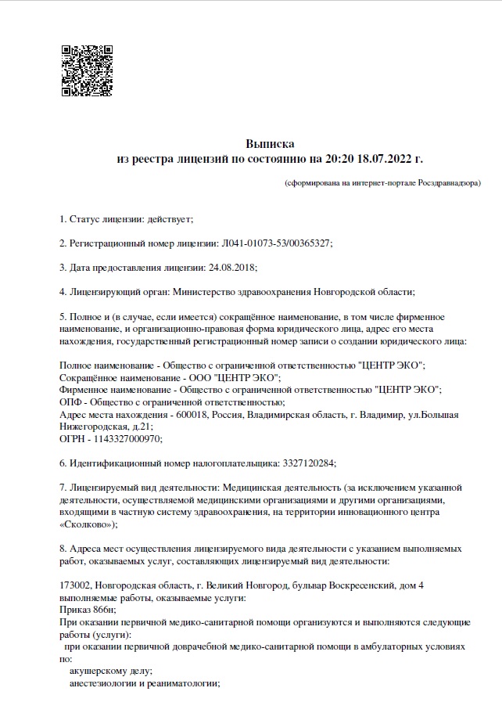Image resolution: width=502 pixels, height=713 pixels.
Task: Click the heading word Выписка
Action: tap(270, 144)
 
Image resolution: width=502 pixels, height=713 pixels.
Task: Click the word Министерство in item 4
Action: tap(203, 292)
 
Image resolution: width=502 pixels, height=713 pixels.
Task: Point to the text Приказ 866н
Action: tap(87, 610)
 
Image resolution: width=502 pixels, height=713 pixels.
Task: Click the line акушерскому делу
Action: tap(110, 671)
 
